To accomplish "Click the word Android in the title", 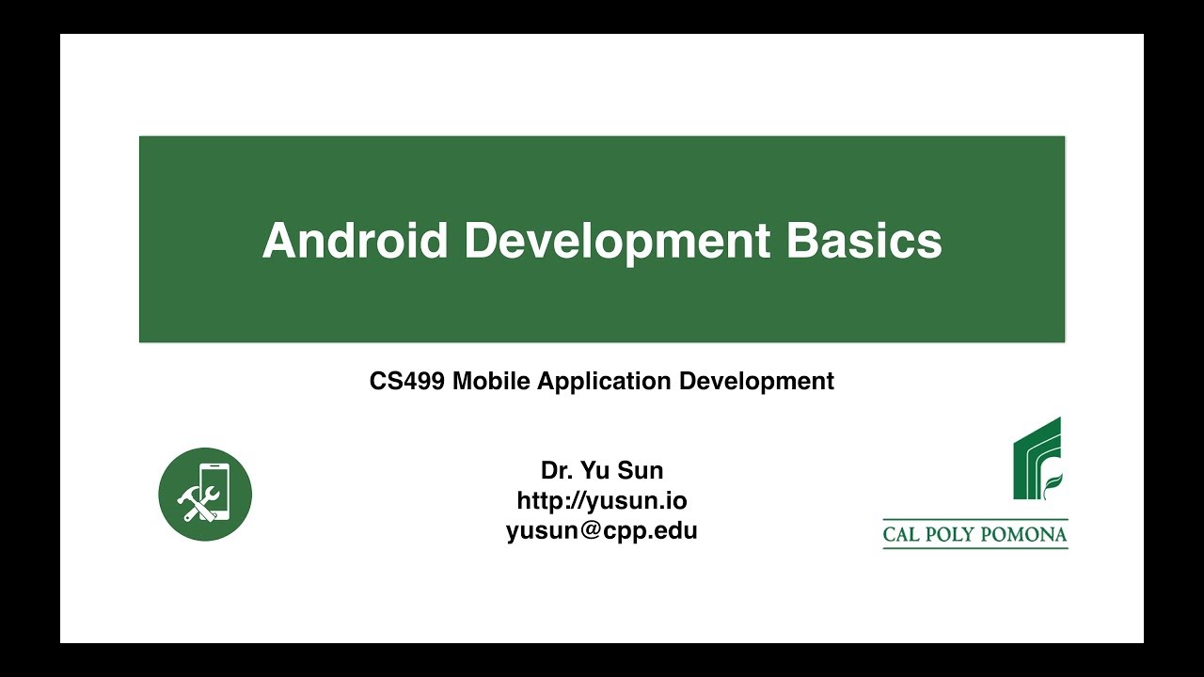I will tap(355, 241).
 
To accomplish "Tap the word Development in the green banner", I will tap(617, 241).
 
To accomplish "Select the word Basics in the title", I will tap(863, 241).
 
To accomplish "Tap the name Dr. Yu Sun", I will tap(602, 470).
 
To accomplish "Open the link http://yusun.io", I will tap(602, 500).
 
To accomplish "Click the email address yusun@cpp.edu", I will tap(602, 530).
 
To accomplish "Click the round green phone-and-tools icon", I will tap(205, 495).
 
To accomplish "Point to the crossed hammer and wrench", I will tap(197, 504).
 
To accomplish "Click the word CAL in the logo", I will tap(903, 535).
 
